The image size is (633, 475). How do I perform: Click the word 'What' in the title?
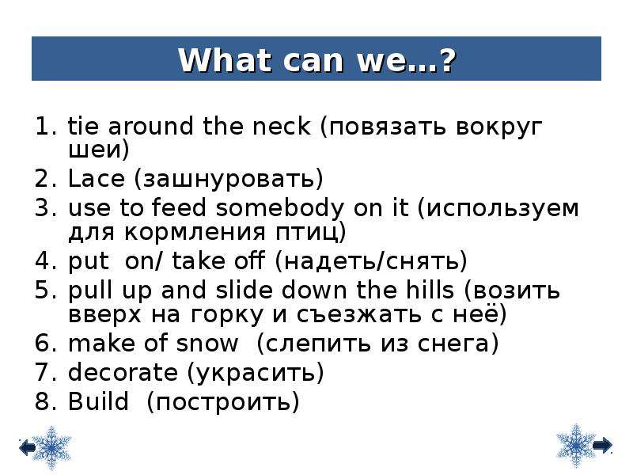pos(224,61)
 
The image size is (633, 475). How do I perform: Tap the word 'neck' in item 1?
pos(282,126)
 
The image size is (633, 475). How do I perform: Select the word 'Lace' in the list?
pos(97,179)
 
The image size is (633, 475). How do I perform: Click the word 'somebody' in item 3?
pos(280,208)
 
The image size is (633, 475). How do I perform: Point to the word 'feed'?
pos(179,207)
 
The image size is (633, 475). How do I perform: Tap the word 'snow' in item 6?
pos(207,344)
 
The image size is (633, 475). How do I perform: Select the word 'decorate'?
pos(123,372)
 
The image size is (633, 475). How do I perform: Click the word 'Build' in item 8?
pos(98,401)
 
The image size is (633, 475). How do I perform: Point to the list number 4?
pos(43,261)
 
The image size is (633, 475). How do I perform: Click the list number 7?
pos(43,372)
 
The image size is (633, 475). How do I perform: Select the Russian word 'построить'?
pos(223,403)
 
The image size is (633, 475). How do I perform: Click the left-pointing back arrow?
pos(27,447)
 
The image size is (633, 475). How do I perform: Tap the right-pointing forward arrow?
pos(603,445)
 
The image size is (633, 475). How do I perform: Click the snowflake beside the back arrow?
pos(51,447)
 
